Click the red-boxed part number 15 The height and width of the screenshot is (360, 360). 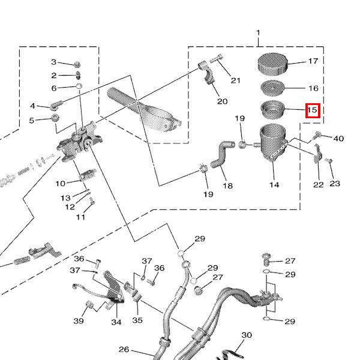[312, 110]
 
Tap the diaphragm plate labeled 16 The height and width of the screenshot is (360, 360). [273, 88]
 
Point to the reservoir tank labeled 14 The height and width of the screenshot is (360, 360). [274, 144]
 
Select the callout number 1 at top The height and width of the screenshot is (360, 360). [259, 32]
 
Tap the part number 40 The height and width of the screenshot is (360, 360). [338, 139]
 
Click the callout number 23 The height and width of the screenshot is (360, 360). [335, 184]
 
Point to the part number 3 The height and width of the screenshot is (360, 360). [53, 62]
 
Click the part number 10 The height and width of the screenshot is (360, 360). [61, 183]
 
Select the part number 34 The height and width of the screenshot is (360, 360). [116, 322]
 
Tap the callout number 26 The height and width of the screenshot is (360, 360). [124, 349]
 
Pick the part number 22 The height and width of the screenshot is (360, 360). [318, 184]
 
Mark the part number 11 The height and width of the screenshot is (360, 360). [80, 217]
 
